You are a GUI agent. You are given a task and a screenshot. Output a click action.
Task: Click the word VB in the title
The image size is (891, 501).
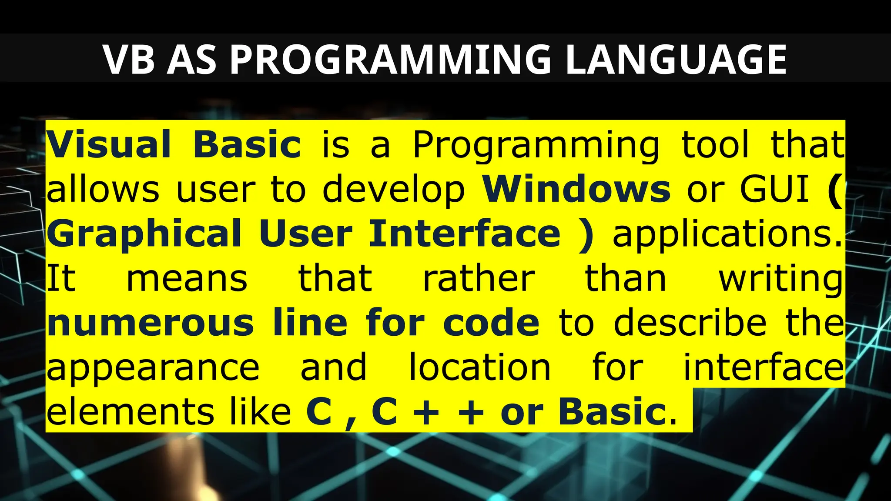point(129,60)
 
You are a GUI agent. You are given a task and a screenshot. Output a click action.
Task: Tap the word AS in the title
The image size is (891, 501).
point(191,60)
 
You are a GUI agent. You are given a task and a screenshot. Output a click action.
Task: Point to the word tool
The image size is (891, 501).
point(715,144)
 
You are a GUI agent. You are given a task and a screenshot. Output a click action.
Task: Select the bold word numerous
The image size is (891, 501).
point(150,324)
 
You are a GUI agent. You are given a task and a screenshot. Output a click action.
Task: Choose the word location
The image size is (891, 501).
point(480,367)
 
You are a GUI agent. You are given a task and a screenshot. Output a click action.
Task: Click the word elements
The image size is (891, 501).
point(130,412)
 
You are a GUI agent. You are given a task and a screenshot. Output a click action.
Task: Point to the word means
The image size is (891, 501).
point(187,279)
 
